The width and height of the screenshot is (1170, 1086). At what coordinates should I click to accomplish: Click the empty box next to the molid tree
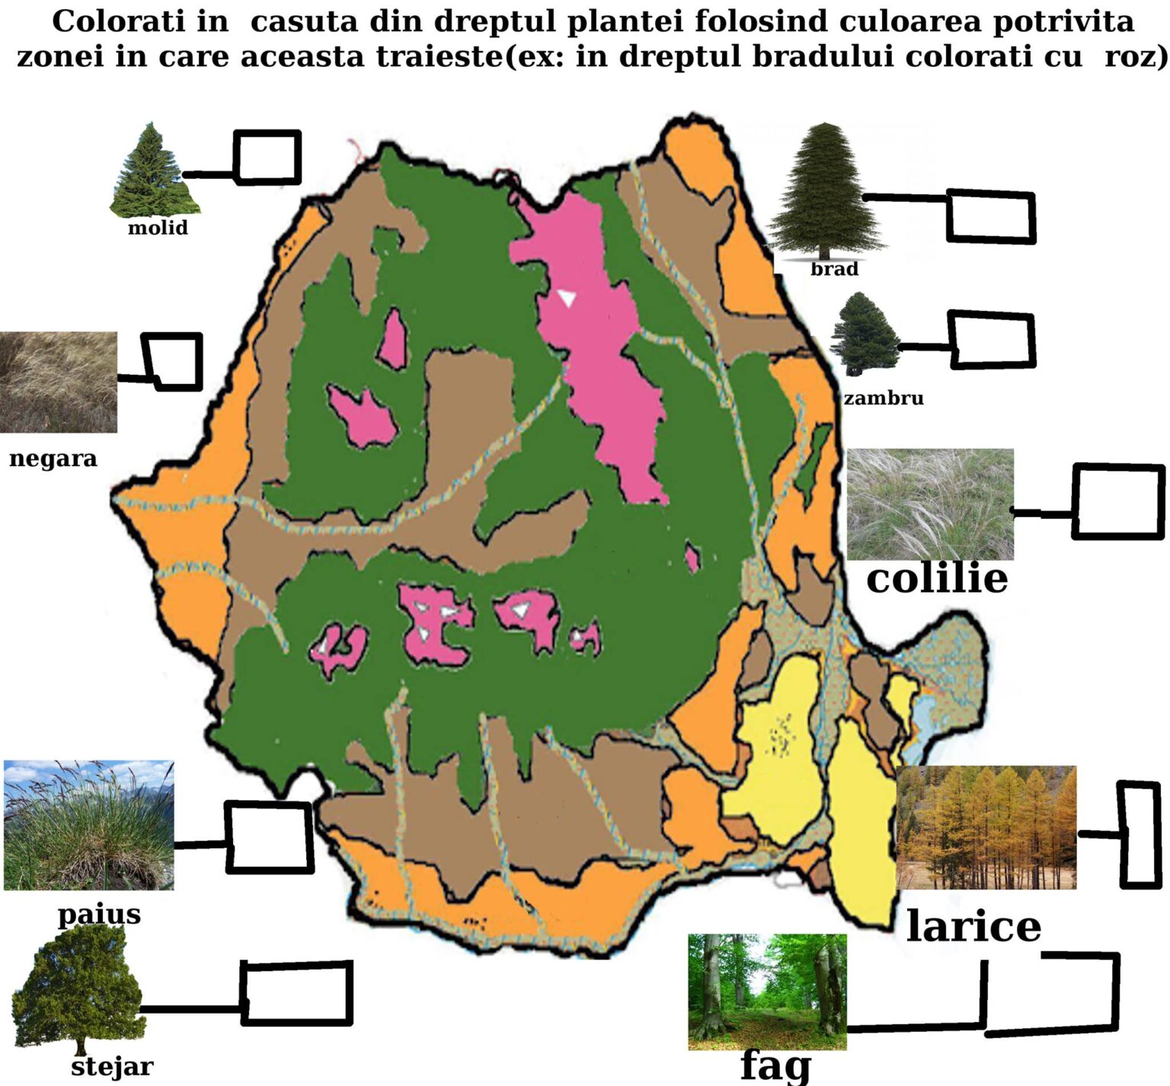(267, 158)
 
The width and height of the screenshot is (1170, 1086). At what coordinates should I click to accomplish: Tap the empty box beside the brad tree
(991, 217)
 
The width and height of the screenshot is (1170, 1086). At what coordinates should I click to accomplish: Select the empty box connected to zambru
(993, 339)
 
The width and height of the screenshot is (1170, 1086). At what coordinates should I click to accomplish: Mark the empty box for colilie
(1118, 502)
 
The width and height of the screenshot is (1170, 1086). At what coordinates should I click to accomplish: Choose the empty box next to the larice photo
(1140, 835)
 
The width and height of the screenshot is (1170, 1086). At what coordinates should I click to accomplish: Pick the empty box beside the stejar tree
(297, 992)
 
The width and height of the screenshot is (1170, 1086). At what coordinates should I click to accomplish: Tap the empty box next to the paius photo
(270, 837)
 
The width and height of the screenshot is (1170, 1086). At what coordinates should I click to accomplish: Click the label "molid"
(158, 228)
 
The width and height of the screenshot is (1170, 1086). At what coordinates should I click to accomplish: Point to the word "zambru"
(884, 398)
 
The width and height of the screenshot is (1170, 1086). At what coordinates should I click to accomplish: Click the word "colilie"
(937, 579)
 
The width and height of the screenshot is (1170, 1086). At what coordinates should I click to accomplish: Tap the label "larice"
(973, 927)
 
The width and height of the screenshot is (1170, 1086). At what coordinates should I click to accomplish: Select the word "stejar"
(112, 1067)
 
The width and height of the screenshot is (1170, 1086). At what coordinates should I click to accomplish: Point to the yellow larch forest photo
(987, 827)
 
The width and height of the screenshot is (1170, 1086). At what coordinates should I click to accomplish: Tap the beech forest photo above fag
(767, 992)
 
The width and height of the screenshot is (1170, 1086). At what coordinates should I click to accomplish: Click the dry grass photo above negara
(59, 382)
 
